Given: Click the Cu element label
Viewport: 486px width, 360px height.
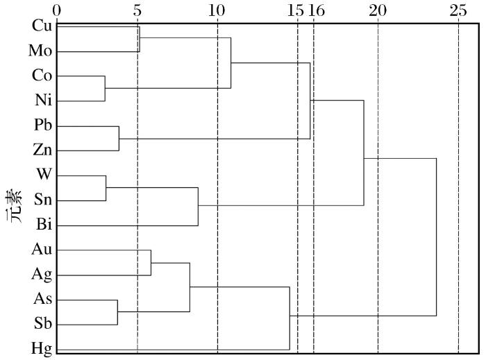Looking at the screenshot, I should (42, 26).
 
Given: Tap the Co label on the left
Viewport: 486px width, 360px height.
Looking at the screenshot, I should (42, 76).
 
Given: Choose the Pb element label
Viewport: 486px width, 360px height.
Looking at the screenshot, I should (42, 126).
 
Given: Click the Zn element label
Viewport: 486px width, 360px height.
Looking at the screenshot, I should (42, 150).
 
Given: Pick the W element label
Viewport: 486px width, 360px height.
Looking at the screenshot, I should (45, 175).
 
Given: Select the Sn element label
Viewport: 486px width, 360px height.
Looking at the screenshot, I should (43, 200).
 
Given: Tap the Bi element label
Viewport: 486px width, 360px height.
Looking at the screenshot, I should (44, 225).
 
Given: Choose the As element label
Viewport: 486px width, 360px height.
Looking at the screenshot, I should (42, 300).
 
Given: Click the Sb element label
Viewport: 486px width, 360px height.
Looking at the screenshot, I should (43, 324).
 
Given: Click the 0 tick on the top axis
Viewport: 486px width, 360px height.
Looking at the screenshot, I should (57, 10).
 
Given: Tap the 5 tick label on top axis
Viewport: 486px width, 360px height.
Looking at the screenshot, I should (137, 10).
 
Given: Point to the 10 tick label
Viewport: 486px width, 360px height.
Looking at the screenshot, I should (217, 10).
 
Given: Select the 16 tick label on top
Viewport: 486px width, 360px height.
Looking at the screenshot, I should (317, 10).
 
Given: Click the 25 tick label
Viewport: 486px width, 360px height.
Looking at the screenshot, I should (458, 10).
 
